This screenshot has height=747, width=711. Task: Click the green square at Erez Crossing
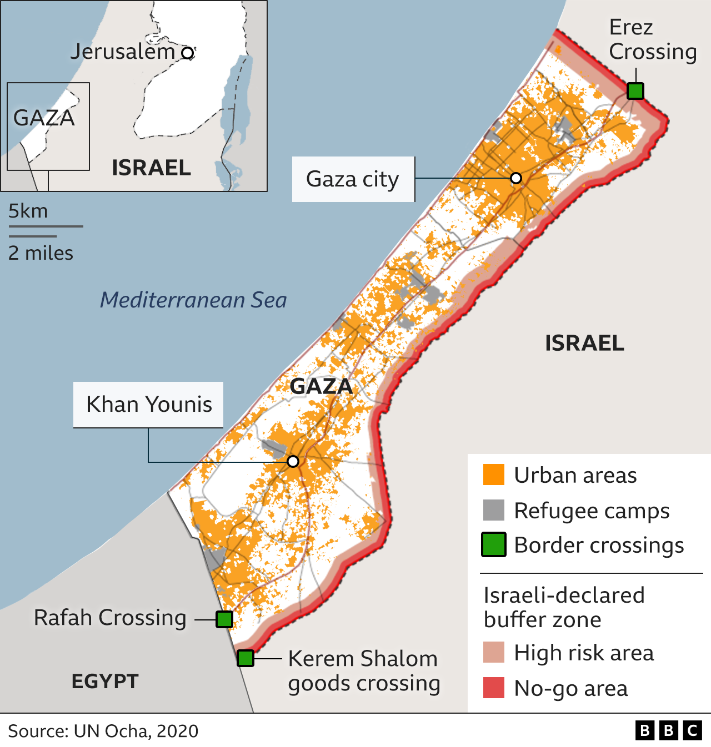click(x=635, y=90)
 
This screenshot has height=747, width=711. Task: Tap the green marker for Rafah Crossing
click(x=224, y=619)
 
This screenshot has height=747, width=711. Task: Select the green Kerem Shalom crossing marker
click(x=246, y=658)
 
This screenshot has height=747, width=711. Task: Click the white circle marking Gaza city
click(x=516, y=178)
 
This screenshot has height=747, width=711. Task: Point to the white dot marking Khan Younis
click(x=293, y=461)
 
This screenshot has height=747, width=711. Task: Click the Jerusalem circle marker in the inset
click(x=188, y=53)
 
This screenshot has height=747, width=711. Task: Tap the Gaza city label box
click(x=353, y=179)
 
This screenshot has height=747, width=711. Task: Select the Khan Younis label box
click(x=148, y=405)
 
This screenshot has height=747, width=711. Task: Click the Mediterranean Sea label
click(x=193, y=300)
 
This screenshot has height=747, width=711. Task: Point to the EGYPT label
click(x=105, y=681)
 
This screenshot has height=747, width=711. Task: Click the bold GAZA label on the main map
click(x=321, y=386)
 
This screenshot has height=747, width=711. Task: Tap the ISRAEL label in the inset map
click(x=151, y=168)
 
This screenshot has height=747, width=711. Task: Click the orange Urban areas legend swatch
click(x=493, y=475)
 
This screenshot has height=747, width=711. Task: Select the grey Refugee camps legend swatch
click(x=493, y=510)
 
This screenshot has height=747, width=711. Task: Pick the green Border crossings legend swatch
click(x=493, y=544)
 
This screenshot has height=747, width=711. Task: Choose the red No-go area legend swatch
click(x=493, y=688)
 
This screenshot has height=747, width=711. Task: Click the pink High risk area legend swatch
click(x=493, y=653)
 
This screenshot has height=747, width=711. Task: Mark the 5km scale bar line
click(x=46, y=226)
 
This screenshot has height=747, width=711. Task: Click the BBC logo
click(x=668, y=730)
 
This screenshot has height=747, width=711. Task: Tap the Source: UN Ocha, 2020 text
click(x=103, y=731)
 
